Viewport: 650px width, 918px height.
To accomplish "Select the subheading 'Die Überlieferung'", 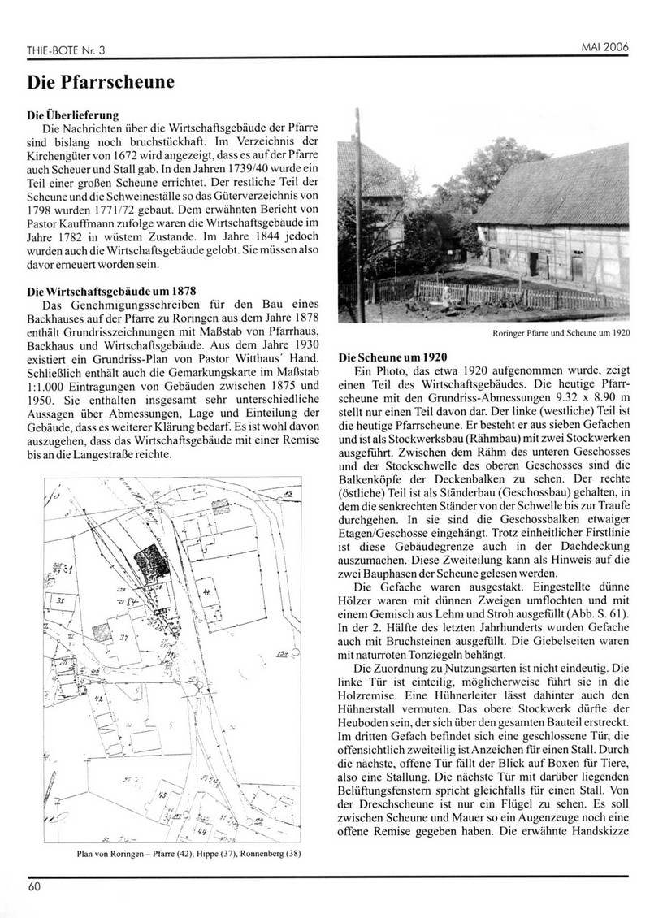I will click(x=74, y=115).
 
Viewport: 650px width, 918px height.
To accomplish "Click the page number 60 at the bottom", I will click(x=33, y=886).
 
